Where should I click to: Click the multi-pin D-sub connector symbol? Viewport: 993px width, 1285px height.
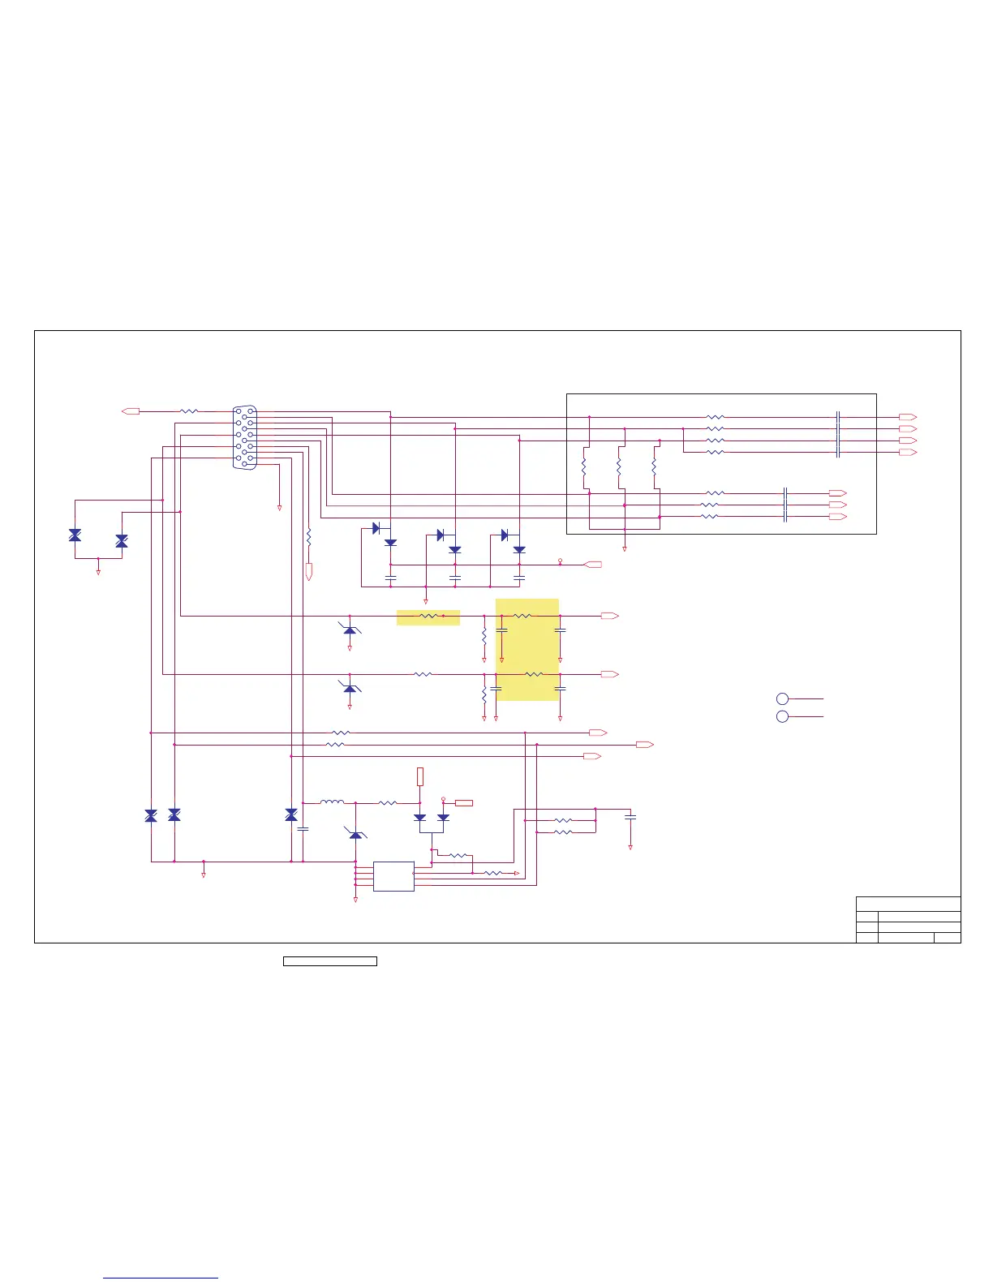(x=244, y=436)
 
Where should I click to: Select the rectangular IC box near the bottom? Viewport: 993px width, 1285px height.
(x=393, y=876)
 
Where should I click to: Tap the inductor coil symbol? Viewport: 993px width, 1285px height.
(x=332, y=803)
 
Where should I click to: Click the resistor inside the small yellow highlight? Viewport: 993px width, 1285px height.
(x=428, y=617)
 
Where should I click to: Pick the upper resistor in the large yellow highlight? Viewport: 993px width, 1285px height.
(x=524, y=617)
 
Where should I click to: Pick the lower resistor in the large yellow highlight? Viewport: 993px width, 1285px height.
(x=533, y=674)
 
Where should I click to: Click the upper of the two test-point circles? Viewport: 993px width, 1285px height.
(x=782, y=698)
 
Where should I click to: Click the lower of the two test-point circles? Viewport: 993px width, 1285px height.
(x=782, y=716)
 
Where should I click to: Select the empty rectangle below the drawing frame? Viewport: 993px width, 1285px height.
(x=329, y=961)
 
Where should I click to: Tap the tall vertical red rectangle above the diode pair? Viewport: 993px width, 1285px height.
(x=420, y=776)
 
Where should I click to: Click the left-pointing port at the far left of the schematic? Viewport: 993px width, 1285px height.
(x=131, y=411)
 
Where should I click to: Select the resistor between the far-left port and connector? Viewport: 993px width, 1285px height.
(x=188, y=411)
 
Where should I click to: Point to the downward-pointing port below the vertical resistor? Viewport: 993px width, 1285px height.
(x=309, y=572)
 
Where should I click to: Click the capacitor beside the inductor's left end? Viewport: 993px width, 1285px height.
(x=303, y=829)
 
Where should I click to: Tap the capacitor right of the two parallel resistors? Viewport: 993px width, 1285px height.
(x=630, y=818)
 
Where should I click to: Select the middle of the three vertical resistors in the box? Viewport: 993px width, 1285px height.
(x=619, y=468)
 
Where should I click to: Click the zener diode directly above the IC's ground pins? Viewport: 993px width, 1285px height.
(x=355, y=834)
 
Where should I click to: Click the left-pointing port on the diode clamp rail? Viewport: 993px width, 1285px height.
(x=594, y=564)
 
